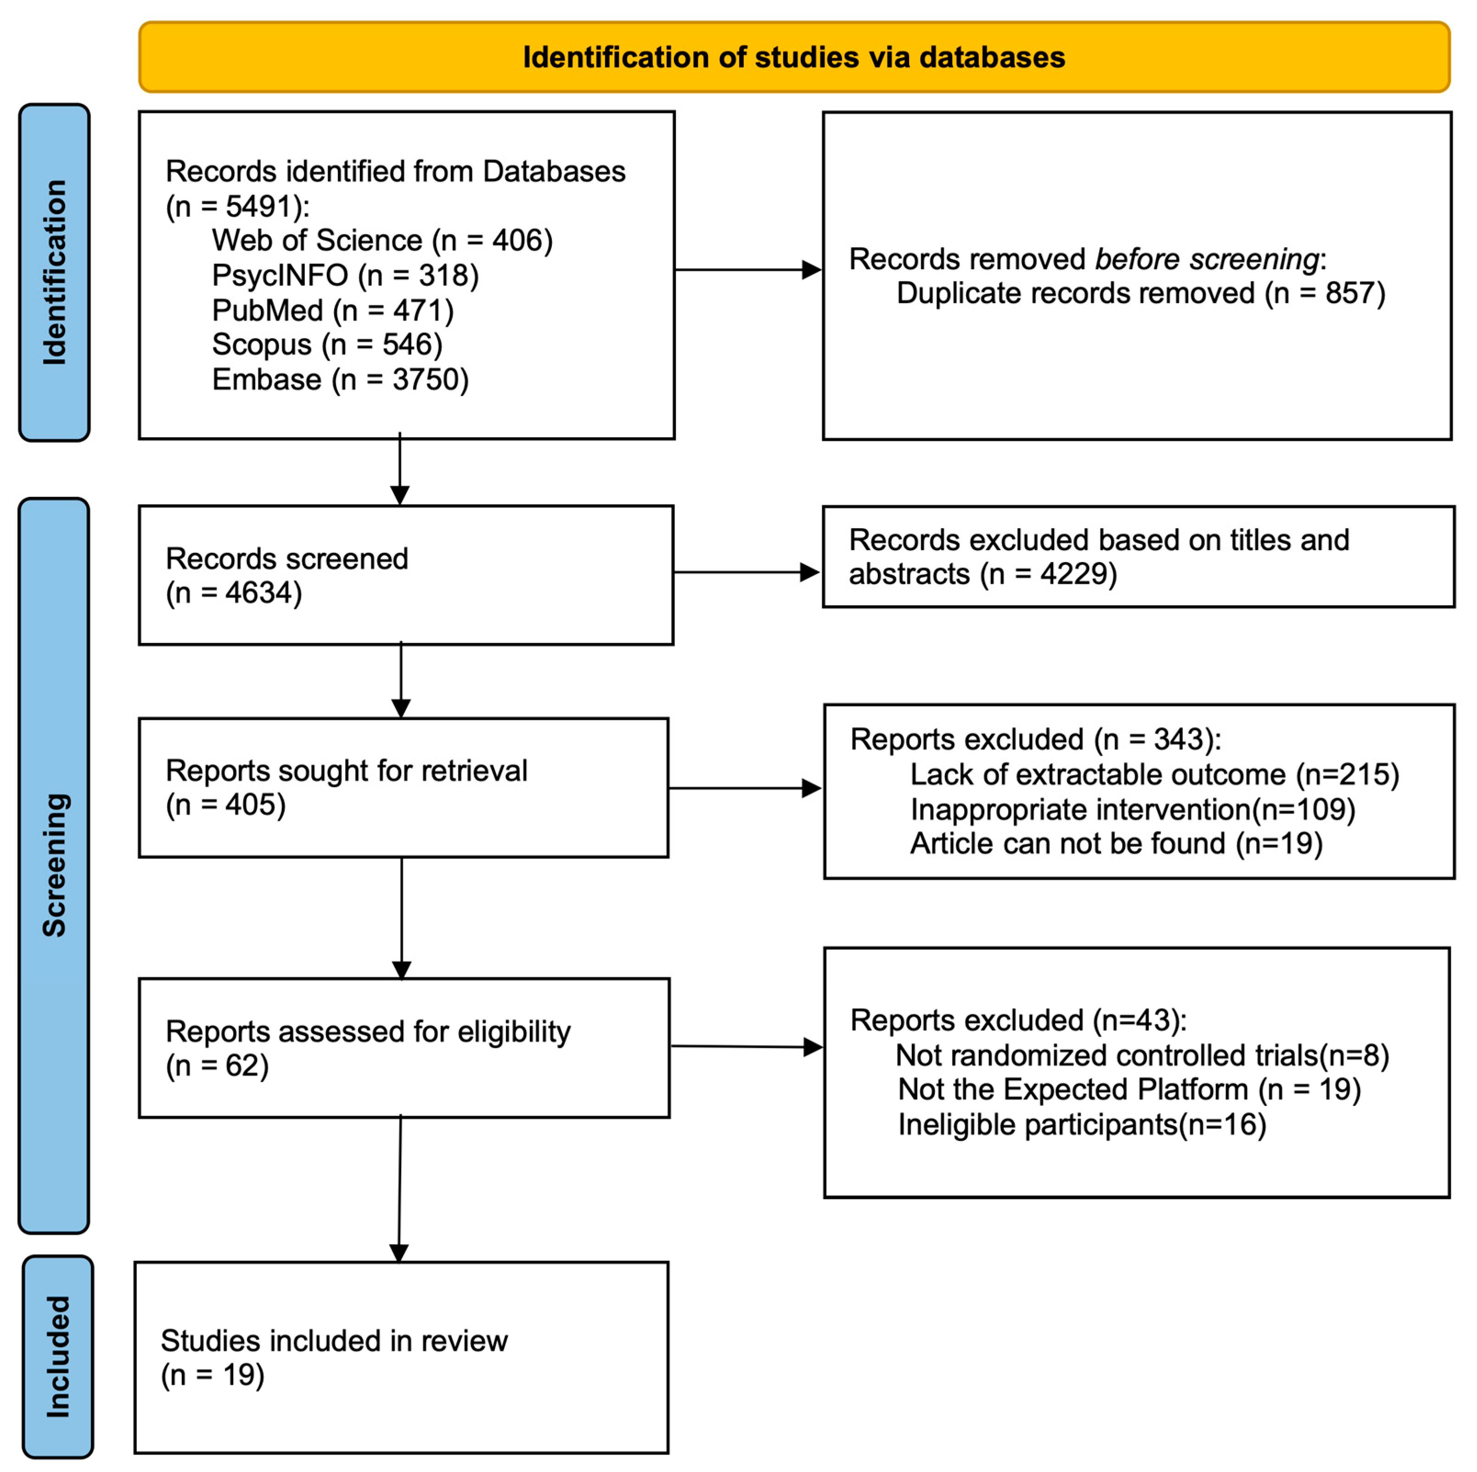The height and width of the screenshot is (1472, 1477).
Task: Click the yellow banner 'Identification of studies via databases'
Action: (793, 57)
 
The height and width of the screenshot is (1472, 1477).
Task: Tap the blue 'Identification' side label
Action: (54, 272)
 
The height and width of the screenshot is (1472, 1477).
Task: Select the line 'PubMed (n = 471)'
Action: (332, 310)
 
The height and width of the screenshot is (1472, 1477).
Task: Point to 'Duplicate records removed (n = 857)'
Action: (1140, 293)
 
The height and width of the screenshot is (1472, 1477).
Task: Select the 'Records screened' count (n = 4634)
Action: (234, 592)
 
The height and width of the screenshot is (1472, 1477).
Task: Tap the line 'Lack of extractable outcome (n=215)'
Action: (1154, 775)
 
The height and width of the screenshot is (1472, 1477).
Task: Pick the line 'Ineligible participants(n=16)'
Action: (1081, 1124)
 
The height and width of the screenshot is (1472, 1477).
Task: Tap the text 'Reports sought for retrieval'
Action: (346, 771)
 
